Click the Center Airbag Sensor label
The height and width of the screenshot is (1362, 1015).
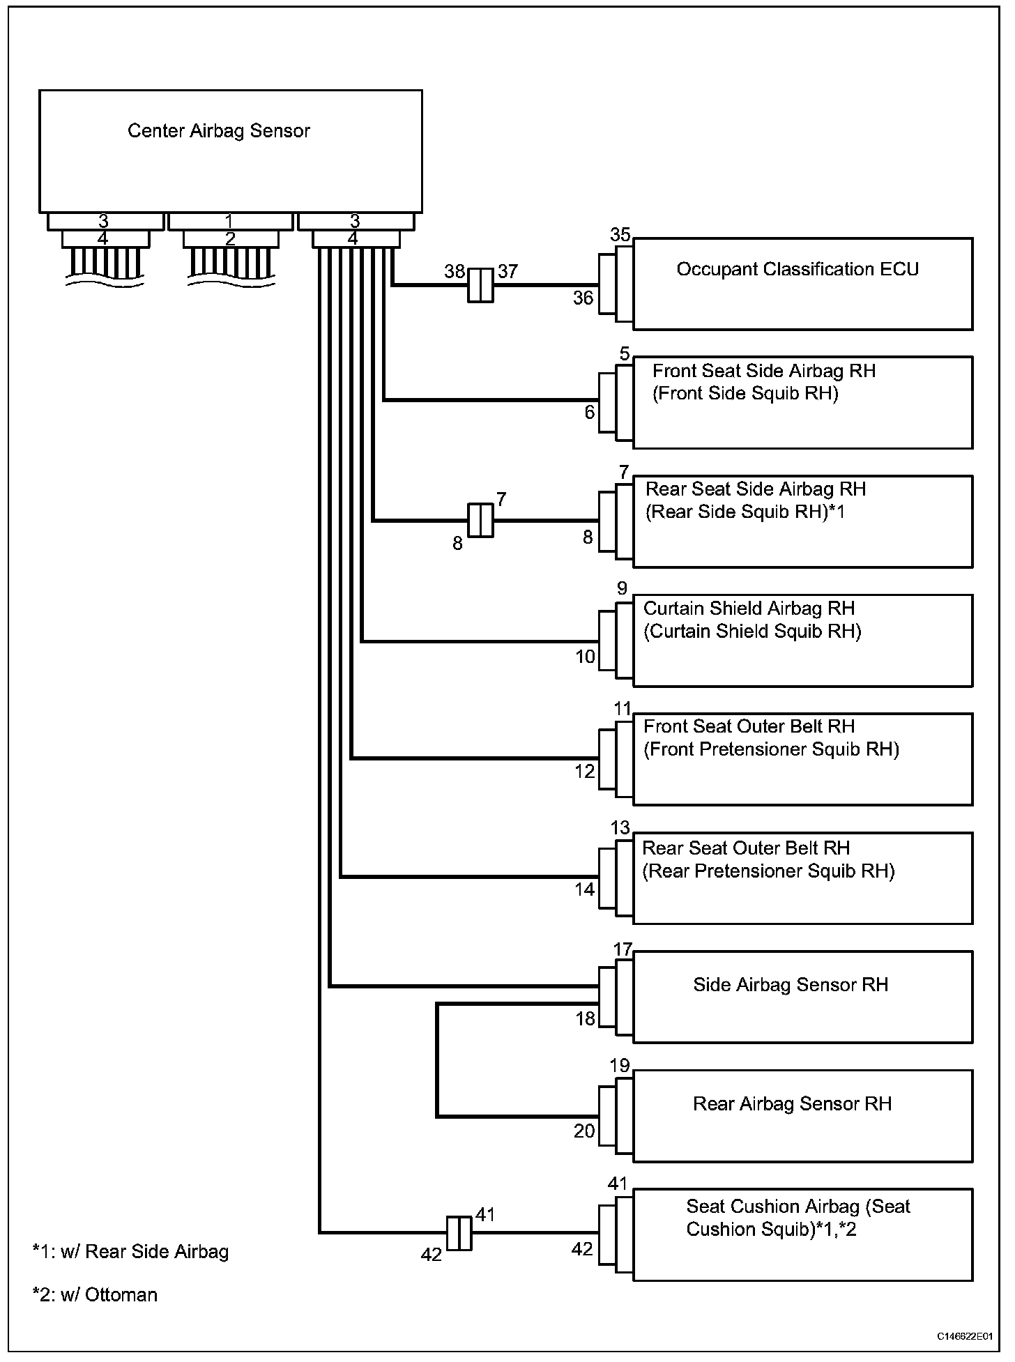[218, 131]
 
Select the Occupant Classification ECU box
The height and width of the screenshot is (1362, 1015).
[802, 284]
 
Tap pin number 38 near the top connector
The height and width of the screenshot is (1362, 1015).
[455, 271]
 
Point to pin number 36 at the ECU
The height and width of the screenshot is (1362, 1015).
[583, 298]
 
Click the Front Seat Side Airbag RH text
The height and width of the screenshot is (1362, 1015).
[763, 371]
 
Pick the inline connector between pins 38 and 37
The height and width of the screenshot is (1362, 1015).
[480, 285]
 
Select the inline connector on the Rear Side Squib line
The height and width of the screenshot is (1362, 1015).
[480, 521]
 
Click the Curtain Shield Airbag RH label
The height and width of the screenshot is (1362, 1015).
[748, 609]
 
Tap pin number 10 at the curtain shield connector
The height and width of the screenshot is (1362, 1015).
[585, 657]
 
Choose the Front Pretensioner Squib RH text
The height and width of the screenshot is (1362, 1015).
[771, 749]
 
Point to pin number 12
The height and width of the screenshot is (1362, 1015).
[585, 772]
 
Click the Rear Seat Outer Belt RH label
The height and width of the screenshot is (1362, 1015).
[745, 848]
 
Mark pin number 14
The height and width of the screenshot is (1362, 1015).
[585, 889]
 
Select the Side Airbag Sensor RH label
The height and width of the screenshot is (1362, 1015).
[790, 985]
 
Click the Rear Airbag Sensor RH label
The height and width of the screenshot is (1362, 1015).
[792, 1104]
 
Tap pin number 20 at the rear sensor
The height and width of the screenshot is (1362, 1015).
[584, 1131]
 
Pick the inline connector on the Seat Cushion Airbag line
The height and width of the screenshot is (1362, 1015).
[459, 1233]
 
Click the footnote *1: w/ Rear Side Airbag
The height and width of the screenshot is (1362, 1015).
[130, 1252]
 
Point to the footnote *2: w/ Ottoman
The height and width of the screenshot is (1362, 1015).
[95, 1295]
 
